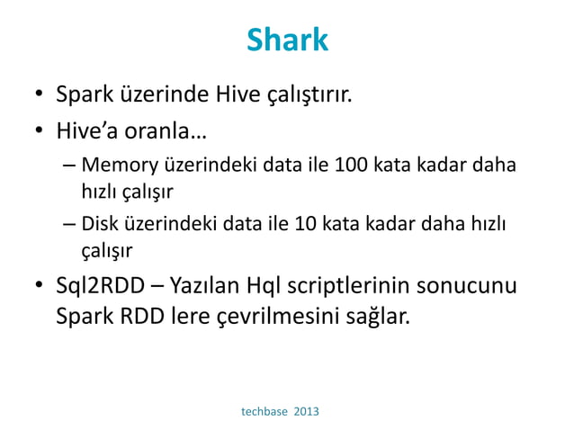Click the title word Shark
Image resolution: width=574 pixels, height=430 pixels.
pos(287,40)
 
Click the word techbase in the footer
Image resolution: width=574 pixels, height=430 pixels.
pos(267,411)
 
